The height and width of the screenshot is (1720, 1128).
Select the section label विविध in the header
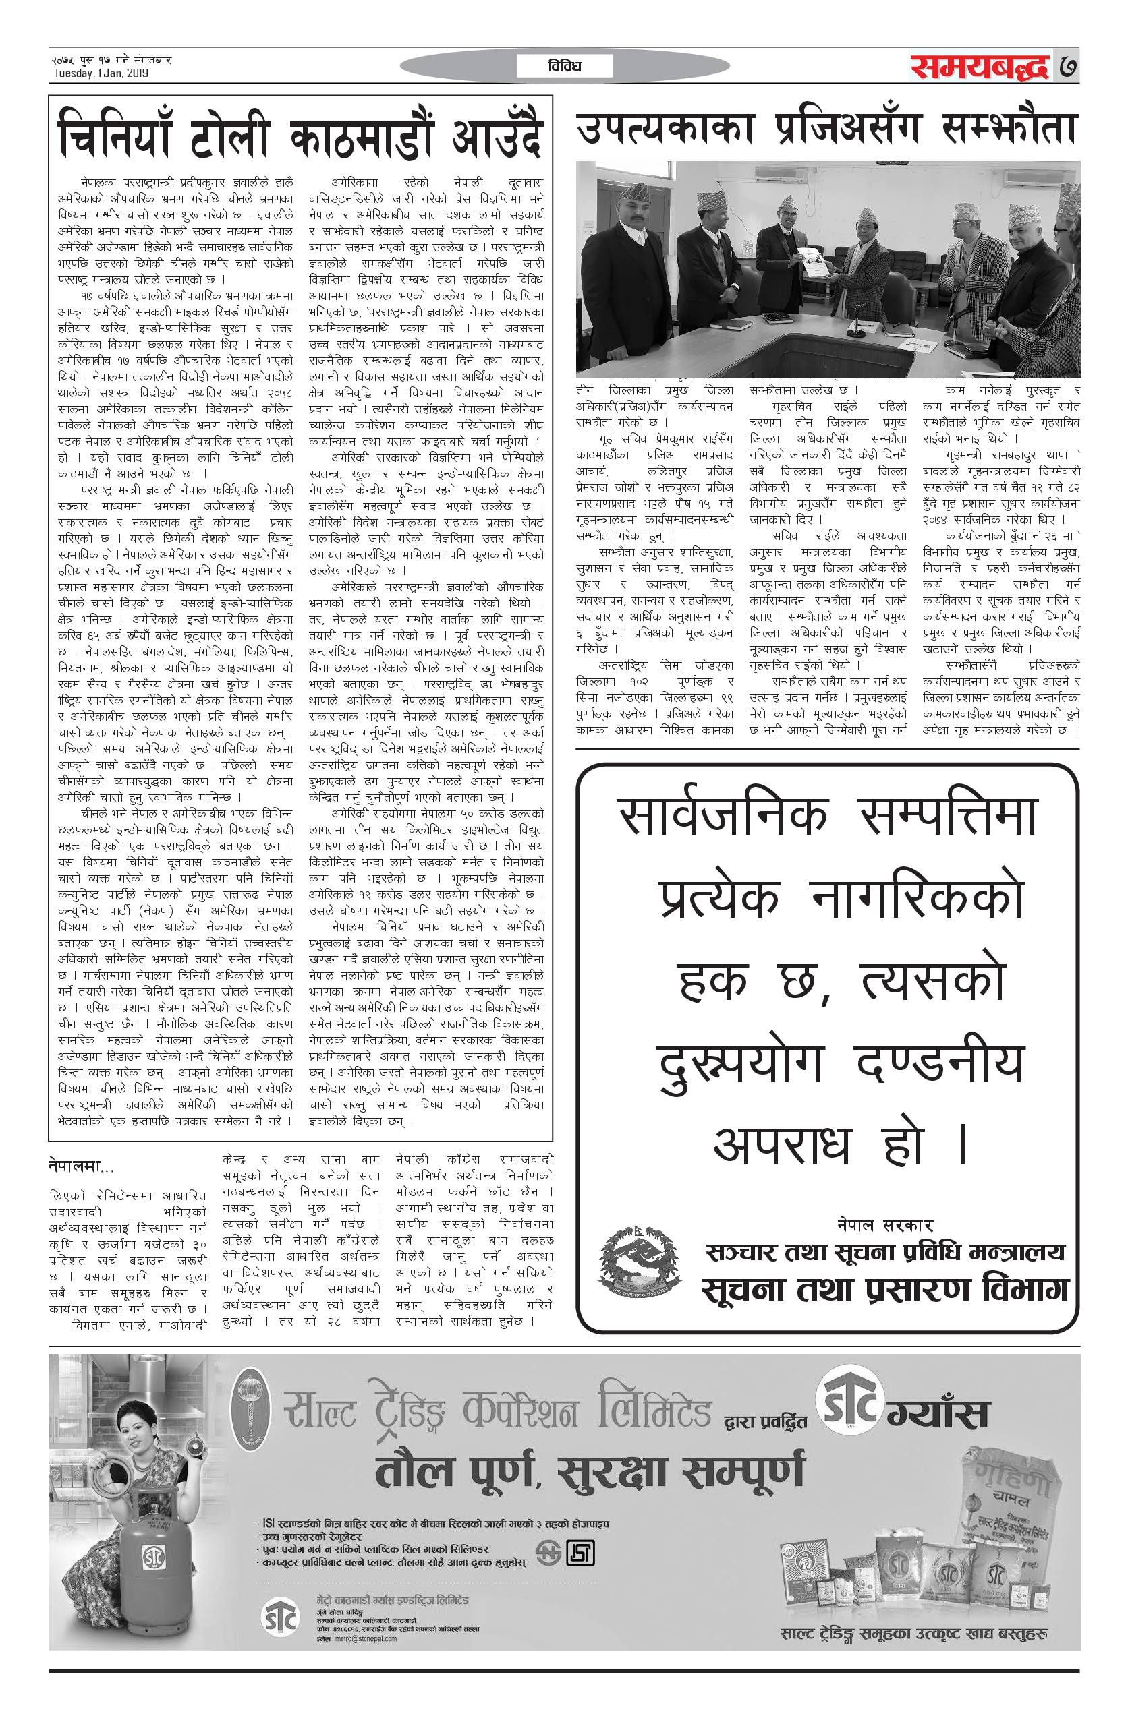point(565,67)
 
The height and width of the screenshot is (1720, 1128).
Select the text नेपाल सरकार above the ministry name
point(882,1224)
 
